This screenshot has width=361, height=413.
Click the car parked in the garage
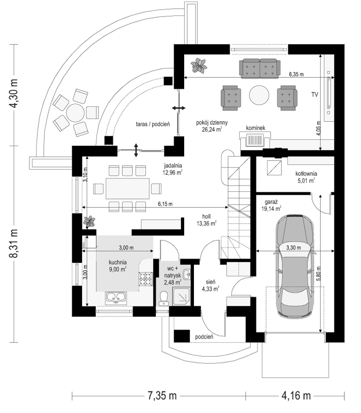pyautogui.click(x=294, y=266)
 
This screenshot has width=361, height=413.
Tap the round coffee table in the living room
pyautogui.click(x=259, y=95)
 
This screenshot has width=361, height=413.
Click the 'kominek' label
pyautogui.click(x=256, y=128)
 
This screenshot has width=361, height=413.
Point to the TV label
pyautogui.click(x=315, y=94)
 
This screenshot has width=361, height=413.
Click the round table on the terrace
pyautogui.click(x=75, y=113)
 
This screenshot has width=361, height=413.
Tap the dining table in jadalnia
pyautogui.click(x=127, y=189)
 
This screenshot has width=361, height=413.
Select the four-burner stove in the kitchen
pyautogui.click(x=146, y=279)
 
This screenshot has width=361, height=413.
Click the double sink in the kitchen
pyautogui.click(x=116, y=297)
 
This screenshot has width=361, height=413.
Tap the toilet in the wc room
pyautogui.click(x=164, y=299)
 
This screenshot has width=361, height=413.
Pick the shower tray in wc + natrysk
pyautogui.click(x=182, y=296)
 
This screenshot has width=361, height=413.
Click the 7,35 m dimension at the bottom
pyautogui.click(x=162, y=395)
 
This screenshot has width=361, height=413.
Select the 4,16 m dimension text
pyautogui.click(x=296, y=395)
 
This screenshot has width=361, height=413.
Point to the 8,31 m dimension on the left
pyautogui.click(x=14, y=243)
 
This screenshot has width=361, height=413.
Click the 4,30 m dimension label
pyautogui.click(x=14, y=93)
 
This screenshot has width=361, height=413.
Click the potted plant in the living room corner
pyautogui.click(x=199, y=65)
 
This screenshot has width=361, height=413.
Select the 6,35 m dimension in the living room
pyautogui.click(x=296, y=74)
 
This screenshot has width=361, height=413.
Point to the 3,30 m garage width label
pyautogui.click(x=293, y=247)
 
